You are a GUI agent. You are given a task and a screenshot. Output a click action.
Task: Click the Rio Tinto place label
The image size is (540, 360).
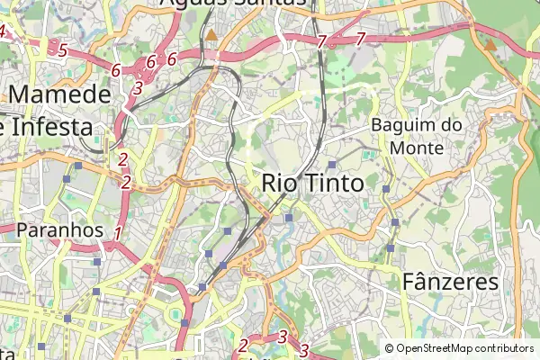click(312, 183)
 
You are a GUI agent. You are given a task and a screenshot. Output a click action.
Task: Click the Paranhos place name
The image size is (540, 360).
click(60, 230)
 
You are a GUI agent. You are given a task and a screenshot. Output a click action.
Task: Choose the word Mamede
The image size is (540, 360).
click(59, 94)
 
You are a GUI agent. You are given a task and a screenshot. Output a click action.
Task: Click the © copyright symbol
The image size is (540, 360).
click(390, 348)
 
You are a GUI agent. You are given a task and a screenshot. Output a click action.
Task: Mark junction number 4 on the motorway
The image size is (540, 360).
click(3, 32)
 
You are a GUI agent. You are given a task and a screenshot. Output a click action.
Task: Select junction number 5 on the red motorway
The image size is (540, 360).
click(62, 49)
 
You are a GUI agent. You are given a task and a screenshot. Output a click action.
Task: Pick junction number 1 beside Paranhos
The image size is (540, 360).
click(117, 234)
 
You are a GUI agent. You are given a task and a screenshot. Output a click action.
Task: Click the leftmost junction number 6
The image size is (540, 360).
click(116, 69)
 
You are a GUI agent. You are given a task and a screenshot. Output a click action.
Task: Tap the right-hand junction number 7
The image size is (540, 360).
click(360, 39)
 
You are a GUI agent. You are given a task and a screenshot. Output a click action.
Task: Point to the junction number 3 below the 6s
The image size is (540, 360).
click(137, 88)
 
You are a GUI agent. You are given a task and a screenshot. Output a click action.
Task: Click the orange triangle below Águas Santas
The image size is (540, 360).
click(211, 35)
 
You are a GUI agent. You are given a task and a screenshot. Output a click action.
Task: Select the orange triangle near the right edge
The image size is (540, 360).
click(490, 43)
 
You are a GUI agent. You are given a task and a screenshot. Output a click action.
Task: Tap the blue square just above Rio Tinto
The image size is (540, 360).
click(332, 164)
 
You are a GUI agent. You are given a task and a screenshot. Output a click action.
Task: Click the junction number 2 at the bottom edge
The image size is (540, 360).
click(243, 345)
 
